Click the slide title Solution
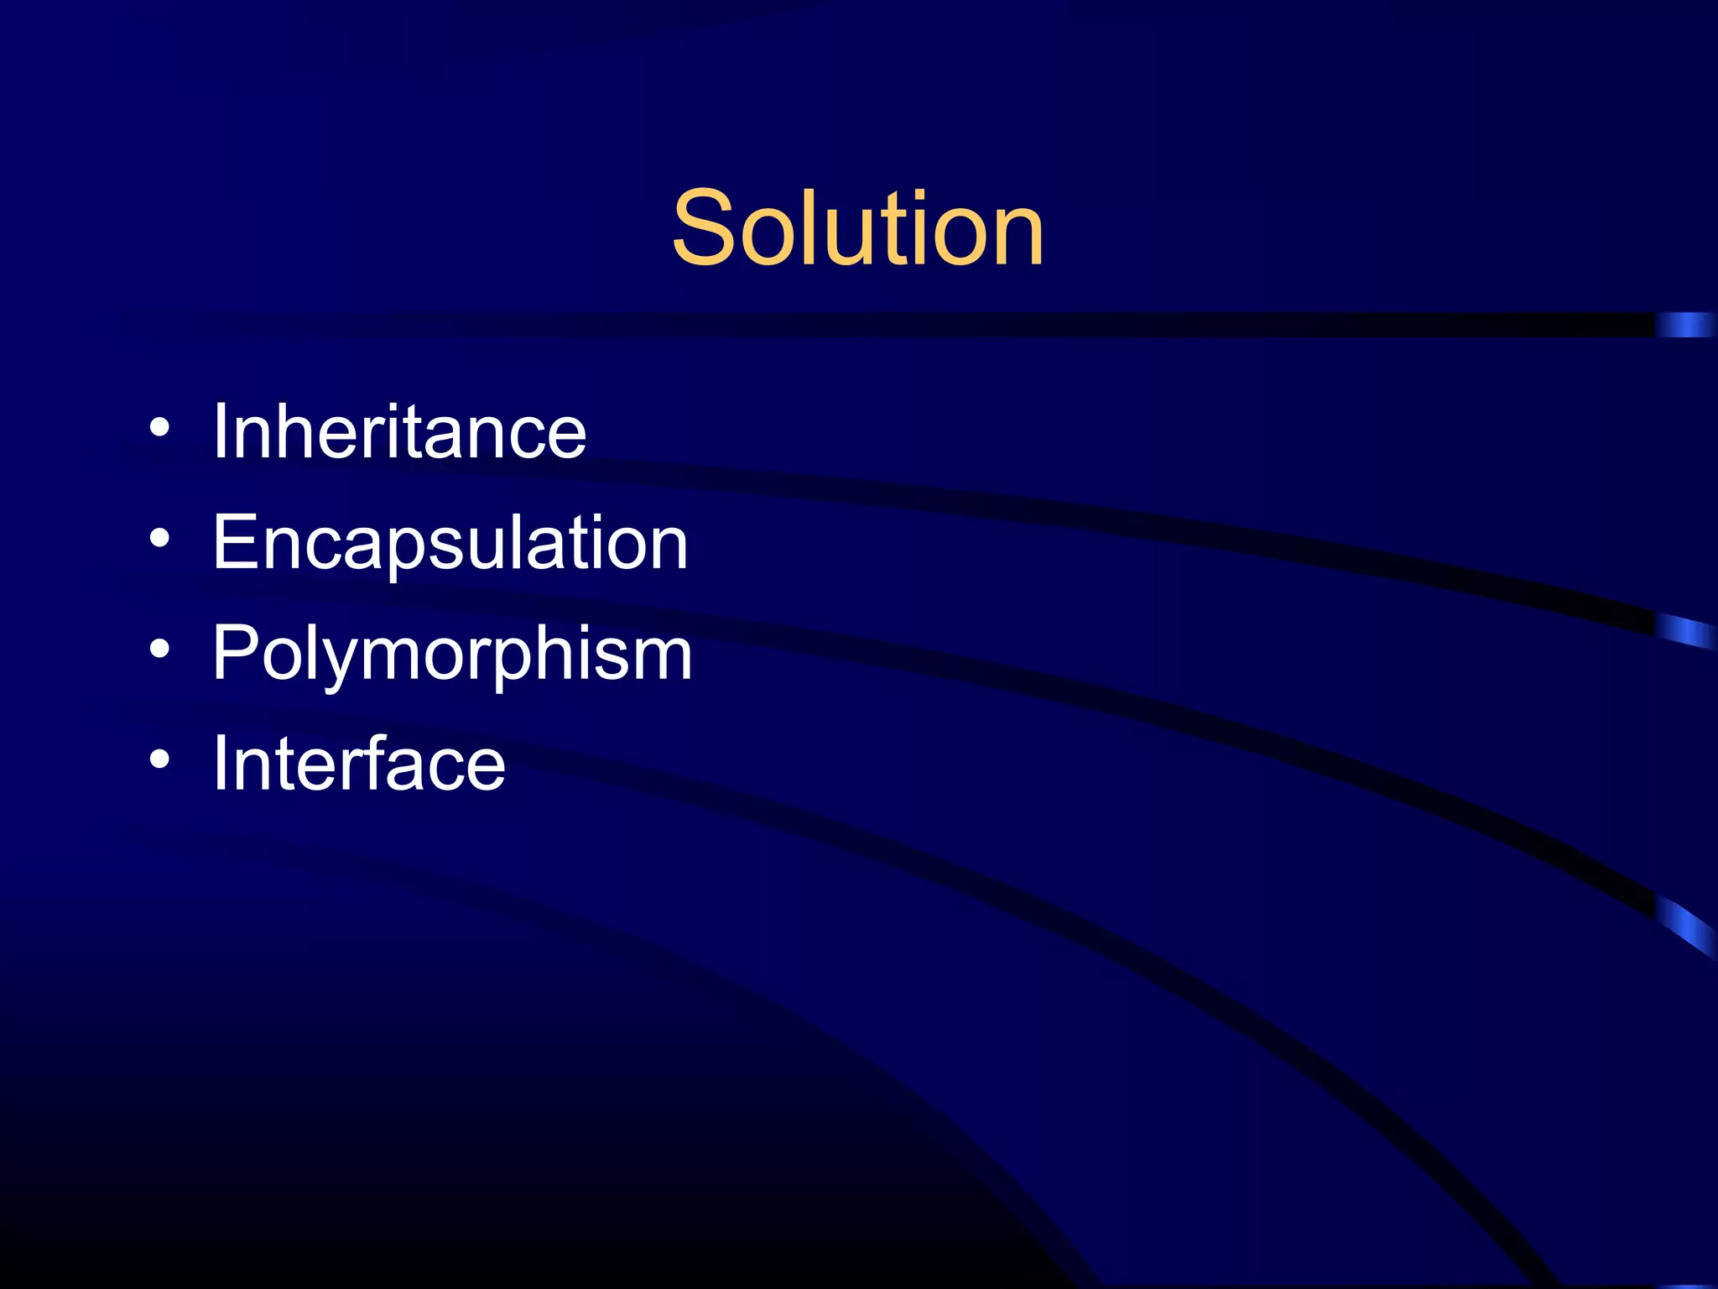857,228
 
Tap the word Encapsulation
450,543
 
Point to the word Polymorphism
452,654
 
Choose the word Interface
359,764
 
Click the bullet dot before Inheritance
159,429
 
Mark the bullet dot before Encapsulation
159,540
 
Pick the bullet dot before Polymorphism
159,650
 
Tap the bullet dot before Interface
159,760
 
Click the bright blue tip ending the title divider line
1686,325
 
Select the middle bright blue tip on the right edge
1686,631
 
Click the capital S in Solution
703,228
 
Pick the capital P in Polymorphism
234,654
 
